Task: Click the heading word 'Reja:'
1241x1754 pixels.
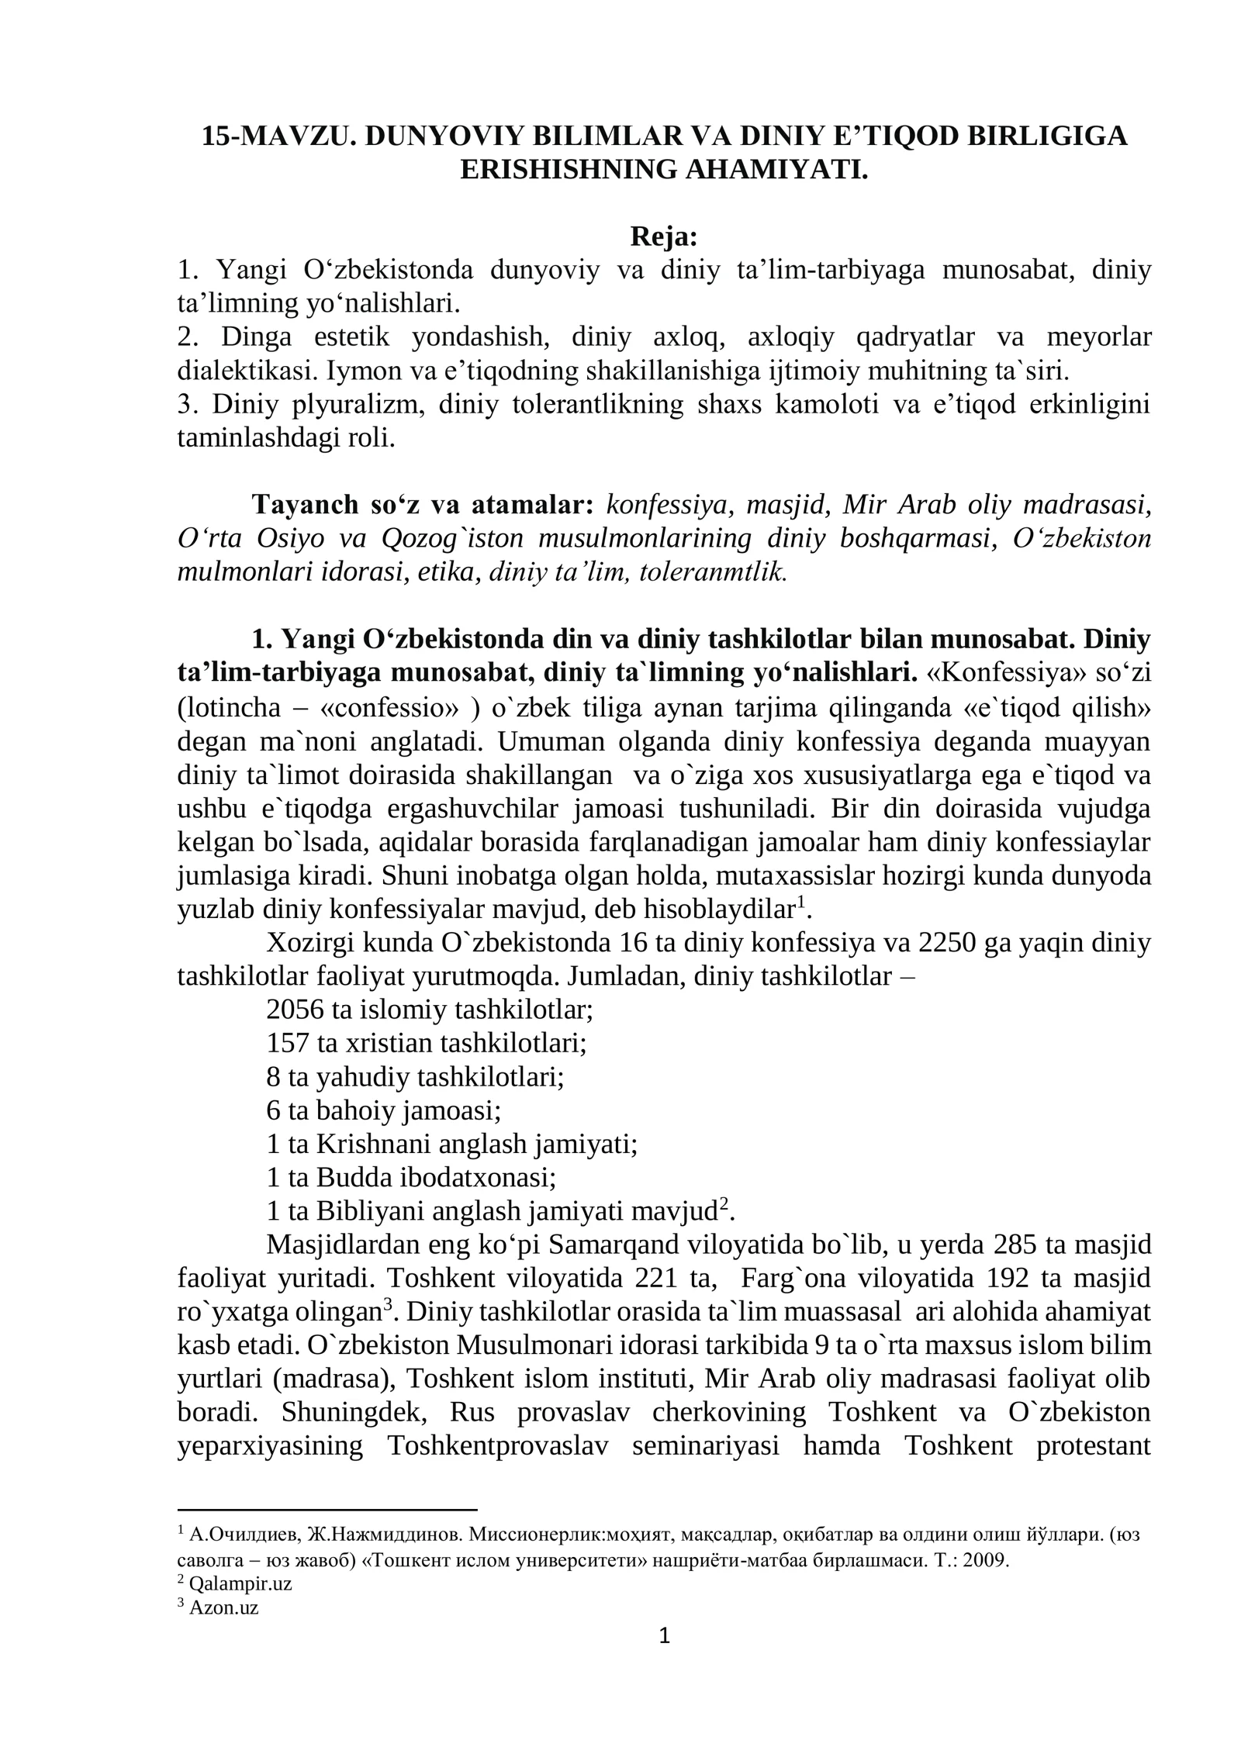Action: [x=663, y=237]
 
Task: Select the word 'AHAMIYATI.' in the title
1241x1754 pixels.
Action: [x=776, y=169]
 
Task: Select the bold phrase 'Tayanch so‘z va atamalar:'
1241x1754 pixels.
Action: [x=422, y=505]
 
